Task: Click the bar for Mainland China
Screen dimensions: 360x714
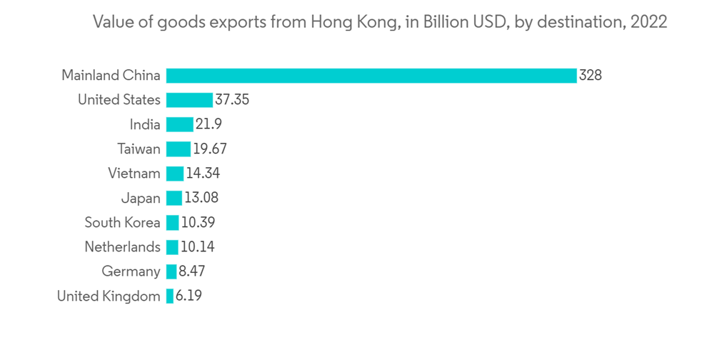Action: [x=371, y=75]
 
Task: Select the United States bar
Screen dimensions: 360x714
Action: [x=189, y=100]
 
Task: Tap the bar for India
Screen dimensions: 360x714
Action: [x=179, y=124]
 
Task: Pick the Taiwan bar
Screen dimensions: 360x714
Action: [x=178, y=149]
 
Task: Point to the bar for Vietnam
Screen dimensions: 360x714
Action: [x=175, y=174]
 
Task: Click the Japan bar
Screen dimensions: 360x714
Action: [x=174, y=198]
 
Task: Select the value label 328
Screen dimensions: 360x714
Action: [x=590, y=75]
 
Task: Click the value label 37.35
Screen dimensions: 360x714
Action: [x=232, y=100]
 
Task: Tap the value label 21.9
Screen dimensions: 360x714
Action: [x=208, y=124]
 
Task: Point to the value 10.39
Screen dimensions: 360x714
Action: [x=198, y=222]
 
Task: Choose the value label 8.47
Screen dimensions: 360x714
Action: [x=192, y=271]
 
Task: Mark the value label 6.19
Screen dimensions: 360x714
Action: [x=188, y=296]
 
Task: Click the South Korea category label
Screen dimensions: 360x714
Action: [x=122, y=222]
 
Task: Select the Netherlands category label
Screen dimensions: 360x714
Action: [x=122, y=247]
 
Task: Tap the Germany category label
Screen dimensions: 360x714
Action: [x=131, y=271]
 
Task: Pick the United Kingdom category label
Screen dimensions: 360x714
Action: [x=109, y=296]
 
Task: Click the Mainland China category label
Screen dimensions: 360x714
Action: [x=111, y=75]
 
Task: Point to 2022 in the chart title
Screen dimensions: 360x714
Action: [x=648, y=22]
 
